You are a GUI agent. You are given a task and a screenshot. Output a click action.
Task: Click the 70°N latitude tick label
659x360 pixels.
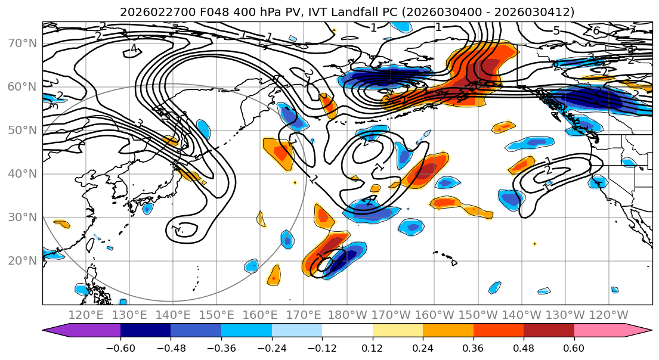pos(23,44)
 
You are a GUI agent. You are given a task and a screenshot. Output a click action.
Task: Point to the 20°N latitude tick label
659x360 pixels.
pos(23,260)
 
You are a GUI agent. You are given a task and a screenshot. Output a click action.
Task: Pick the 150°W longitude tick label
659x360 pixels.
pos(478,315)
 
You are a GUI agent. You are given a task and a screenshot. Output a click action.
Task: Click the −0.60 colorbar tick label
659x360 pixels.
pos(120,347)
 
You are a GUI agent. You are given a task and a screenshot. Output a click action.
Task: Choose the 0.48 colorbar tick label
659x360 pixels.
pos(524,347)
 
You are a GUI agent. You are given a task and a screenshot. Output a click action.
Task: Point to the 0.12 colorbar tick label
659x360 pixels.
pos(372,347)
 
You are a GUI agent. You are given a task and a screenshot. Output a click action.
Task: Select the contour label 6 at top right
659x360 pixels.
pos(595,30)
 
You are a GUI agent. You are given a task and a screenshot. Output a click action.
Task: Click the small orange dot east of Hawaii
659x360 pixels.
pos(534,243)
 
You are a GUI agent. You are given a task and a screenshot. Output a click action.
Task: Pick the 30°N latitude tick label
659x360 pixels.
pos(23,217)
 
